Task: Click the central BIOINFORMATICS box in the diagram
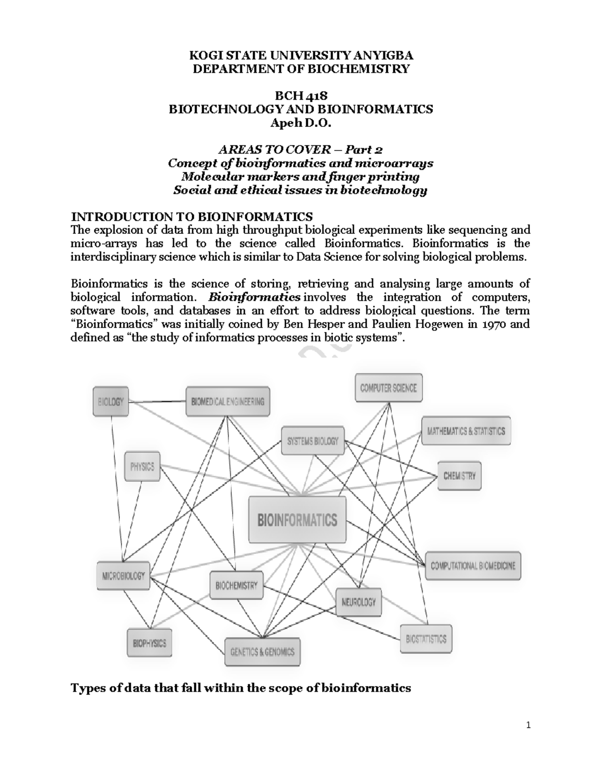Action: (297, 520)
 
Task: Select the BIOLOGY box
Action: (111, 401)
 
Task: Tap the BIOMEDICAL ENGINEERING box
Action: (228, 401)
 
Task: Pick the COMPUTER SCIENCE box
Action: (388, 388)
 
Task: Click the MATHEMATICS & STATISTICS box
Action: (466, 431)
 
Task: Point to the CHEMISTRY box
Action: (460, 476)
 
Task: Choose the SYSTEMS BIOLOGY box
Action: (313, 441)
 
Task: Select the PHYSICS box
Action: (142, 466)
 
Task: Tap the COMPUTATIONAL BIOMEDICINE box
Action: (473, 566)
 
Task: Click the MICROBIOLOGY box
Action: (123, 576)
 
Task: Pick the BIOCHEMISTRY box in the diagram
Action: (236, 585)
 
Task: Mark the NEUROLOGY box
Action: (359, 601)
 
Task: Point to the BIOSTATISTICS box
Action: (426, 639)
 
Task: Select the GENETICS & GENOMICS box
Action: (262, 652)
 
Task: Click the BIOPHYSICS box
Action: (149, 643)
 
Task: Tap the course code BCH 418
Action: (301, 96)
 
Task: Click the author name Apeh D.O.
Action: (301, 123)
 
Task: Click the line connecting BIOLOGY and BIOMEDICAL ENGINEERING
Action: (157, 401)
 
